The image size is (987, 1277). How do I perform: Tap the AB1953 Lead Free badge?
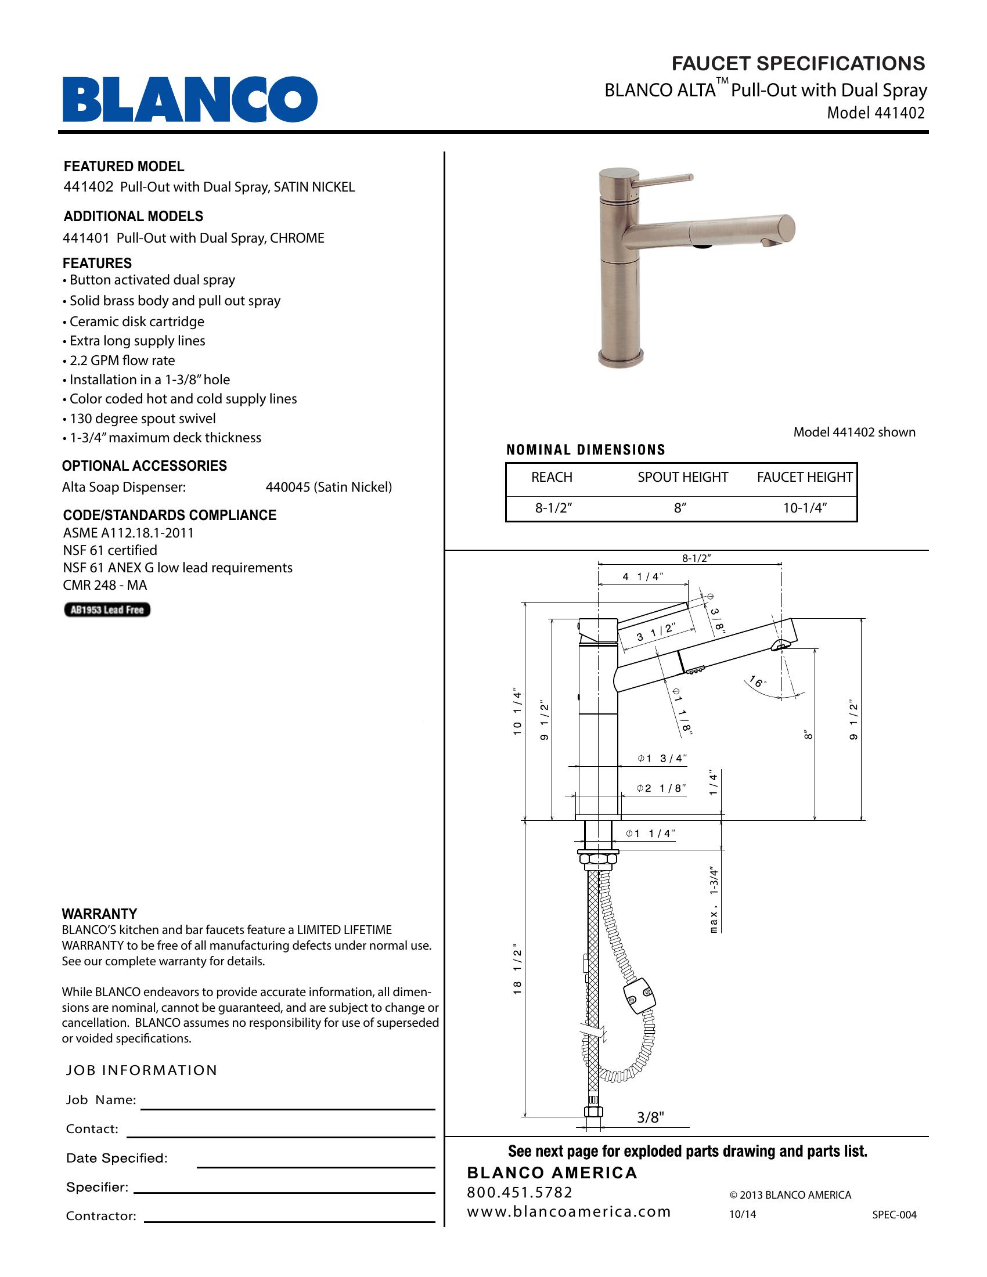107,610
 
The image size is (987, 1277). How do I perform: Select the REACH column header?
552,477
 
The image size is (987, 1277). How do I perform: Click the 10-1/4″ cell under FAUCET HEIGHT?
805,507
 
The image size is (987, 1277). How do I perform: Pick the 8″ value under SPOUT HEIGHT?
679,507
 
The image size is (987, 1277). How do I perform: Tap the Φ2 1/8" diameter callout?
661,788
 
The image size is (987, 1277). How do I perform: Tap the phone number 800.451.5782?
520,1192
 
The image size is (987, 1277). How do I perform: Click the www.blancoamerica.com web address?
569,1212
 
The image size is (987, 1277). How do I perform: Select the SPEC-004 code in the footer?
894,1214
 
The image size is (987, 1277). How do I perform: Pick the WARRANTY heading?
99,914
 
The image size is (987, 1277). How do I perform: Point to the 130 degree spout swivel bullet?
142,419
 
